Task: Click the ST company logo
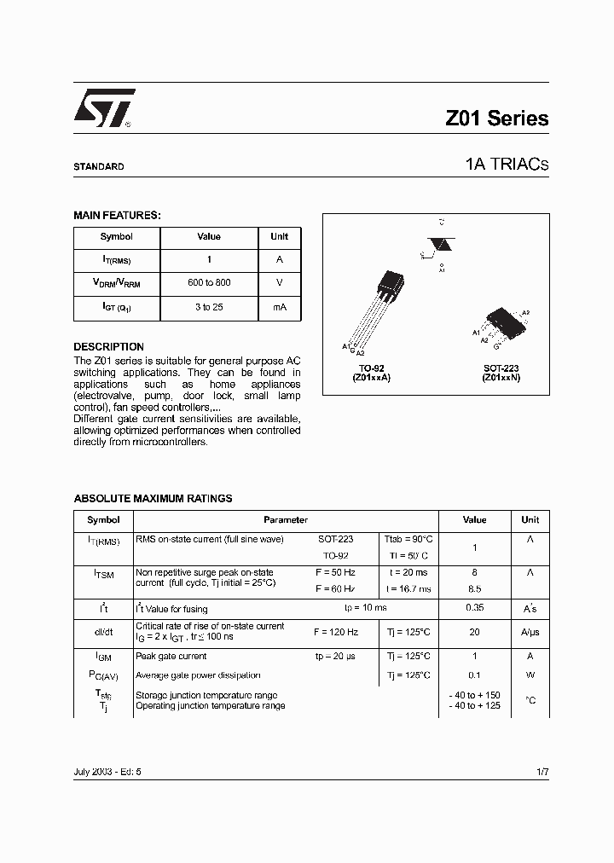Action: point(103,109)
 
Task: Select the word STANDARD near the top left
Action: point(98,167)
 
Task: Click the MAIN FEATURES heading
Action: point(117,216)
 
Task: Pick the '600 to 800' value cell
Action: point(209,283)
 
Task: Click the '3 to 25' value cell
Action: point(209,307)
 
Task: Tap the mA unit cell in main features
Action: point(279,307)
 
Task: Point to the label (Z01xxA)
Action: point(370,377)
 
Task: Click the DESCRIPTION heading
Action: point(108,347)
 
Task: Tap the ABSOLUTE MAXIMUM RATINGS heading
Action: point(153,499)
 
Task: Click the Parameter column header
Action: point(286,520)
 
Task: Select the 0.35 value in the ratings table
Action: point(474,608)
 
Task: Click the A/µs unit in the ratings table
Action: point(530,633)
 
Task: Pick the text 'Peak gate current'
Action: point(171,657)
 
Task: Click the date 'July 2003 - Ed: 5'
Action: point(107,771)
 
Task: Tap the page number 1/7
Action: point(542,771)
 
